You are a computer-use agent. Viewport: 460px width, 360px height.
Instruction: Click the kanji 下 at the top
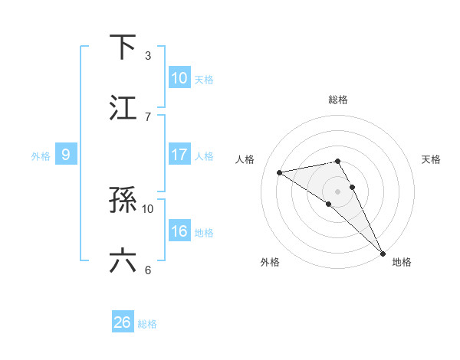click(123, 47)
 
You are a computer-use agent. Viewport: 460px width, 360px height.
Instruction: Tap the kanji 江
click(123, 108)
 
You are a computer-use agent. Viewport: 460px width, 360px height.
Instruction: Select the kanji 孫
click(123, 201)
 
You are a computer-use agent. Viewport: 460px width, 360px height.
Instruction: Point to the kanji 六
click(123, 261)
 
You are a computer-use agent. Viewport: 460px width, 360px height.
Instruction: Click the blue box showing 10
click(179, 78)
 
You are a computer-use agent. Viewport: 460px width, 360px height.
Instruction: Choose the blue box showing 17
click(179, 155)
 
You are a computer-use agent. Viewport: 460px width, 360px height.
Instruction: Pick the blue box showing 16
click(179, 231)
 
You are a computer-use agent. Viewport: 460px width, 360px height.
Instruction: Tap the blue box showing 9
click(66, 155)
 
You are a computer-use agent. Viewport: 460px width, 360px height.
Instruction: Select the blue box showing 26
click(123, 322)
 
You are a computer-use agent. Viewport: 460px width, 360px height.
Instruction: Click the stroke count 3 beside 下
click(148, 56)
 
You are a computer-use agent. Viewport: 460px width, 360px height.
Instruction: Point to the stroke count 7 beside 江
click(148, 116)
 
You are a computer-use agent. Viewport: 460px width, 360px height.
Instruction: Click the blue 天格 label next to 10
click(204, 79)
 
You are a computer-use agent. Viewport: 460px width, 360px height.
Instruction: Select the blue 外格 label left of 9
click(41, 155)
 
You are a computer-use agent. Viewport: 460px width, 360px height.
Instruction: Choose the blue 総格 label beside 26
click(147, 324)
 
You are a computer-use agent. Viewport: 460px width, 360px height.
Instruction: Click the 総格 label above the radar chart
click(338, 100)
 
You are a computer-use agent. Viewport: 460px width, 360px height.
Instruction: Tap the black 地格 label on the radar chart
click(402, 262)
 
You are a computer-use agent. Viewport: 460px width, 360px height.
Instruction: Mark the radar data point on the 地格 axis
click(383, 252)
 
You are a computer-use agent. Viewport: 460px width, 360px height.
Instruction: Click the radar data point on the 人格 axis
click(280, 172)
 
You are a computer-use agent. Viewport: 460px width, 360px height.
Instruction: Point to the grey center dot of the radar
click(338, 190)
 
